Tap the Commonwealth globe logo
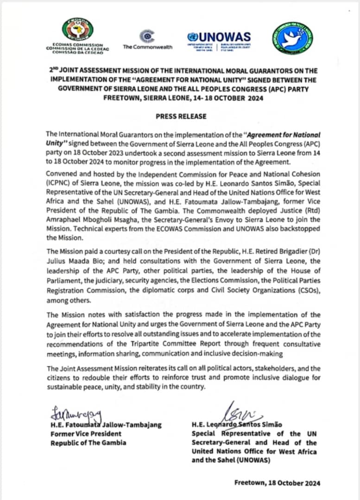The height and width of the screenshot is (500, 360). (147, 36)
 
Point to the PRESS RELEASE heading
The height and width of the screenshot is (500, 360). (180, 116)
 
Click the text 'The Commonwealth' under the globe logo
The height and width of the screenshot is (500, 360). (147, 47)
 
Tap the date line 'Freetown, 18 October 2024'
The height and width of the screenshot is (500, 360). (277, 483)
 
